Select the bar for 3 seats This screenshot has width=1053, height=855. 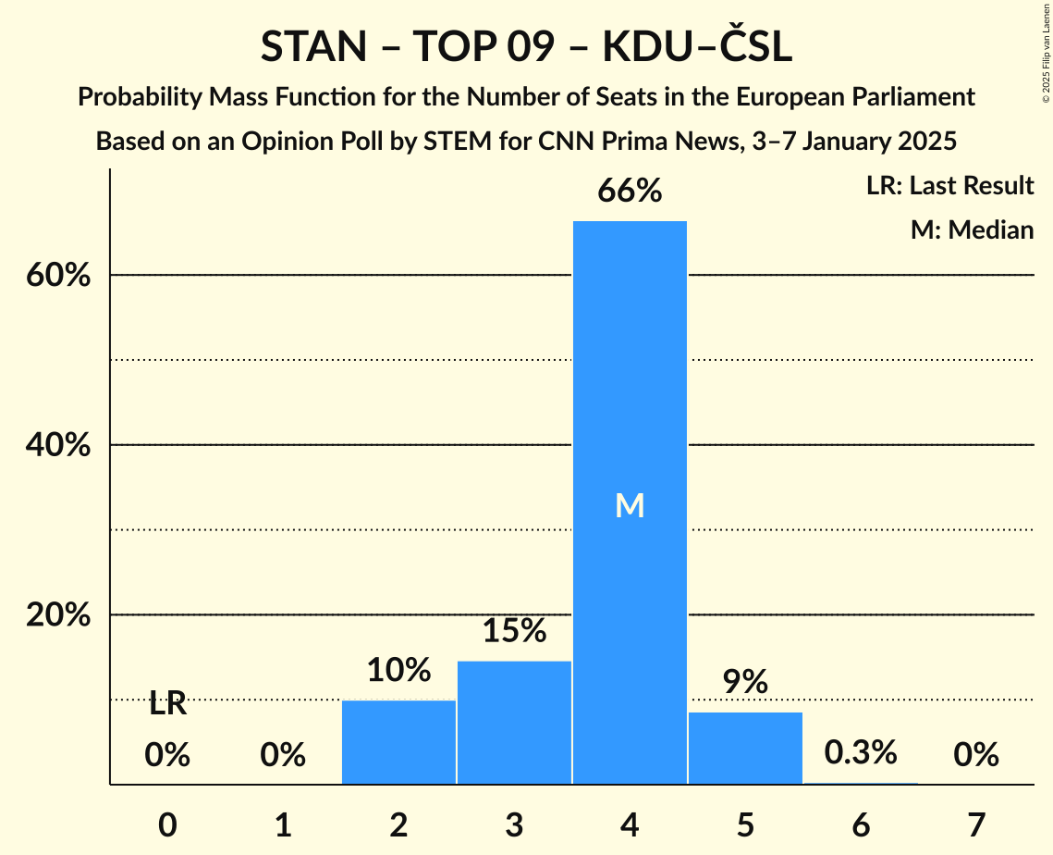(x=514, y=722)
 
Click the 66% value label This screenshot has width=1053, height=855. (x=630, y=192)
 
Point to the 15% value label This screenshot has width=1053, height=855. (x=514, y=631)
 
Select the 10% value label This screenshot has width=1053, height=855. (x=398, y=670)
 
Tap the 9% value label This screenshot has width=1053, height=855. (x=745, y=682)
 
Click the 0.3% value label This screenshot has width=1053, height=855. (x=861, y=752)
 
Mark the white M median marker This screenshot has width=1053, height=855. (x=630, y=505)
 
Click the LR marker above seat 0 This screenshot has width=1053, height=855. (x=167, y=704)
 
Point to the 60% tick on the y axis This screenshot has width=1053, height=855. (x=57, y=276)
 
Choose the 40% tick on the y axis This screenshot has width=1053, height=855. (x=57, y=445)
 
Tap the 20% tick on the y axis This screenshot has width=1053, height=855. (x=57, y=615)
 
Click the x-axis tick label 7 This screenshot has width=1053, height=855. (x=976, y=824)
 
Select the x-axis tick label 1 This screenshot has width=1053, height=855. (x=283, y=824)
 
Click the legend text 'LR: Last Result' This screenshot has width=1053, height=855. (x=949, y=186)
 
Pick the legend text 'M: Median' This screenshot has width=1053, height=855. (x=972, y=229)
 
